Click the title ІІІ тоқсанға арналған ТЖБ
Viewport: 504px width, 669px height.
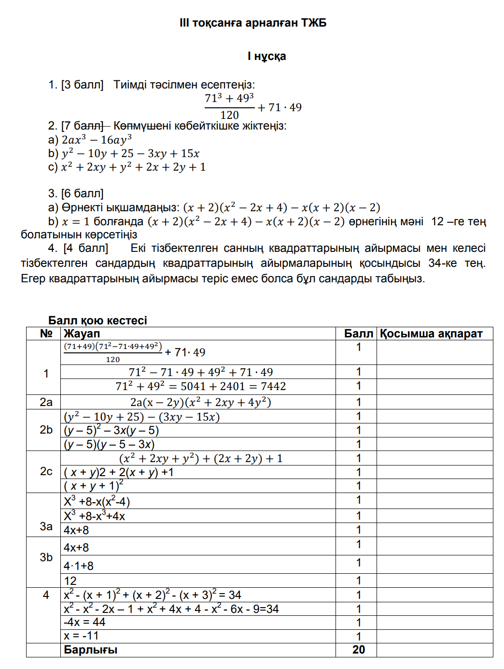point(252,23)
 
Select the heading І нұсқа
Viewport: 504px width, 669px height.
point(266,56)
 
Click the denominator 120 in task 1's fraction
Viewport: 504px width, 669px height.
point(229,115)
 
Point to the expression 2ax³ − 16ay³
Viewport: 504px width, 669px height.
point(97,140)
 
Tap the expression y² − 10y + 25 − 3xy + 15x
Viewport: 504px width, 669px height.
point(130,153)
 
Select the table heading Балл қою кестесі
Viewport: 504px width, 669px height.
point(98,320)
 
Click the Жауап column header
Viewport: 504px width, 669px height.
point(82,334)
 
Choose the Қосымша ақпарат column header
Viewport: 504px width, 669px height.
point(431,334)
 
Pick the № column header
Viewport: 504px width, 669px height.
point(46,334)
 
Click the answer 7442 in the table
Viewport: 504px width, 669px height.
point(273,386)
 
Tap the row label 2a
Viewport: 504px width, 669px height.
point(46,402)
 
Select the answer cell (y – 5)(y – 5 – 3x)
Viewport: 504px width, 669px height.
point(109,444)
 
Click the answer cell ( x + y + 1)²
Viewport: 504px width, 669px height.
point(94,486)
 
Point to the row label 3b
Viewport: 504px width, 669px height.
point(46,557)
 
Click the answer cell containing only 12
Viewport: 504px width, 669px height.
point(70,581)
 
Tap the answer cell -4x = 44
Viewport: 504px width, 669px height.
point(84,622)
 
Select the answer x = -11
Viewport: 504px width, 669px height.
point(81,636)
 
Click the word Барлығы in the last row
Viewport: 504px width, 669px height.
point(90,650)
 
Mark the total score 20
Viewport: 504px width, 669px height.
point(358,650)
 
